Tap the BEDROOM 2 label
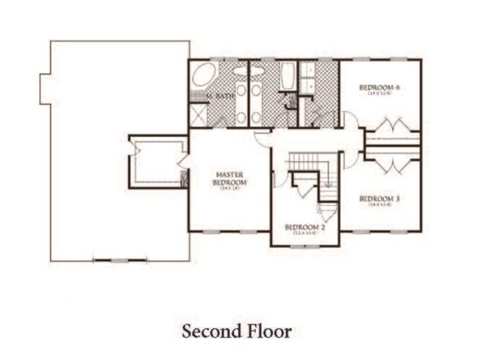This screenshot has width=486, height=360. click(x=305, y=227)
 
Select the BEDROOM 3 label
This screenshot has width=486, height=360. click(x=378, y=198)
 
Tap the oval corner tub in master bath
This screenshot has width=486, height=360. click(x=203, y=76)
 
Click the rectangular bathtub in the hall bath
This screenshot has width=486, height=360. click(x=288, y=78)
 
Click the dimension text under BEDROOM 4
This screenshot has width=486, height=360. click(x=379, y=93)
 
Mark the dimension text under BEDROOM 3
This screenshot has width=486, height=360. click(x=378, y=205)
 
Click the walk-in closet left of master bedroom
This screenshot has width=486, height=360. click(x=157, y=162)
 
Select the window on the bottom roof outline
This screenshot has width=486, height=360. click(x=119, y=260)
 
